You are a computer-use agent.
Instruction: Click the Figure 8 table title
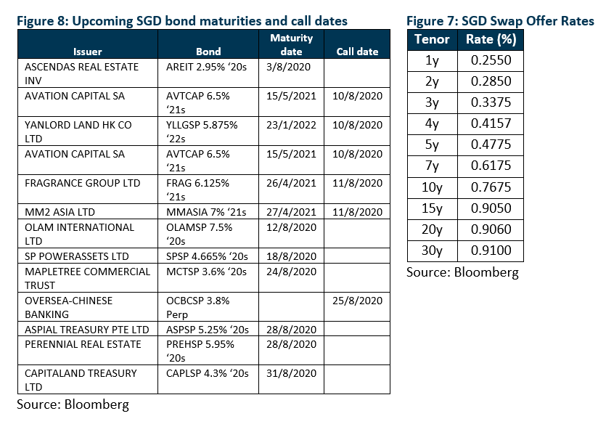click(x=182, y=21)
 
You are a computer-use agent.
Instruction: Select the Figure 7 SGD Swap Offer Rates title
click(x=500, y=21)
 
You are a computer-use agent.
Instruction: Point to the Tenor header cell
click(x=432, y=39)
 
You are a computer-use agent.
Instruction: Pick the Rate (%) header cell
click(x=491, y=39)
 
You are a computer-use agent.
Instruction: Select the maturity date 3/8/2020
click(x=288, y=67)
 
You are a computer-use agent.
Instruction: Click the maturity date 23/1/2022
click(x=291, y=125)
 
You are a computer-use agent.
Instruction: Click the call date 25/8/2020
click(x=357, y=301)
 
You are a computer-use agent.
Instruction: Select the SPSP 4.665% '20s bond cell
click(x=207, y=256)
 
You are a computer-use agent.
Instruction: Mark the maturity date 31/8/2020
click(x=291, y=373)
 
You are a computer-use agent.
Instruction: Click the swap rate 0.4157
click(x=491, y=123)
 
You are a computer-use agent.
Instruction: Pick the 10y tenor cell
click(x=432, y=187)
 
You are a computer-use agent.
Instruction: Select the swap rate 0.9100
click(x=491, y=250)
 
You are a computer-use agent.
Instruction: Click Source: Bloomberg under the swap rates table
click(x=462, y=272)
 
